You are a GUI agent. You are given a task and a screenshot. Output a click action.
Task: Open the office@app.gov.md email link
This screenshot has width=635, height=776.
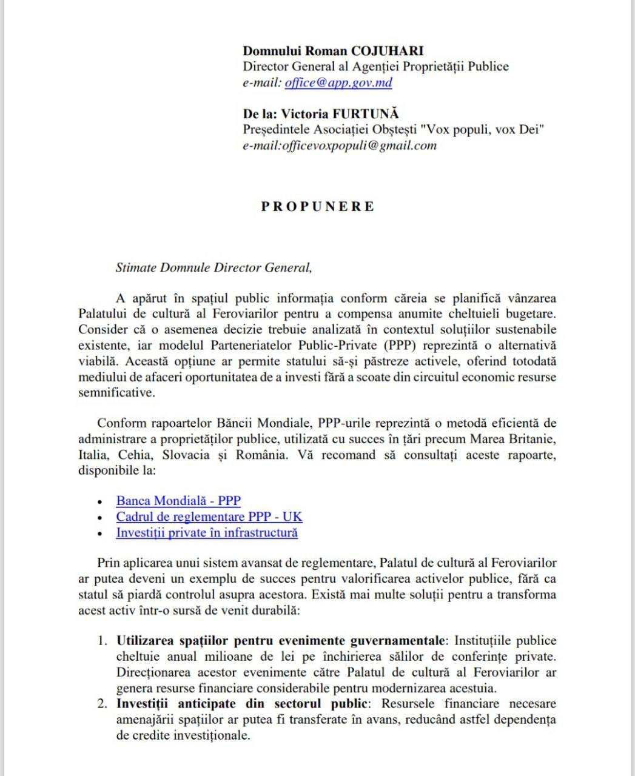click(x=338, y=83)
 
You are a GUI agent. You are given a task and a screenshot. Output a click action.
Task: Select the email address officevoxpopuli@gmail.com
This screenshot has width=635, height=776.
click(x=359, y=145)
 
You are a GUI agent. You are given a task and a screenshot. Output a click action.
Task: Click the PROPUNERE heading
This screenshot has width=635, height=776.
click(x=318, y=206)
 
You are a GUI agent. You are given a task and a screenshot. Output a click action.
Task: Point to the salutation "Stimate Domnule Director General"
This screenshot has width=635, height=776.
click(x=213, y=267)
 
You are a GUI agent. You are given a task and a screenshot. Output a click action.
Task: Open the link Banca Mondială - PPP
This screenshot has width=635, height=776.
click(x=178, y=501)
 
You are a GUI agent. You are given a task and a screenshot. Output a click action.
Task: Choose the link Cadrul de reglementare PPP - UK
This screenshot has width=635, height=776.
click(x=209, y=517)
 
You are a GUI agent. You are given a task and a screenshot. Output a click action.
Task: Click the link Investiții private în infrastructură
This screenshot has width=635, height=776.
click(x=207, y=533)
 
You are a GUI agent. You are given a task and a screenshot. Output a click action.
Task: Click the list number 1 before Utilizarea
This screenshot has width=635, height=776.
click(x=102, y=641)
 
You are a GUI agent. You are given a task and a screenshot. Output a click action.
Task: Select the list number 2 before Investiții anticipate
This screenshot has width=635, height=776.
click(x=102, y=704)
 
